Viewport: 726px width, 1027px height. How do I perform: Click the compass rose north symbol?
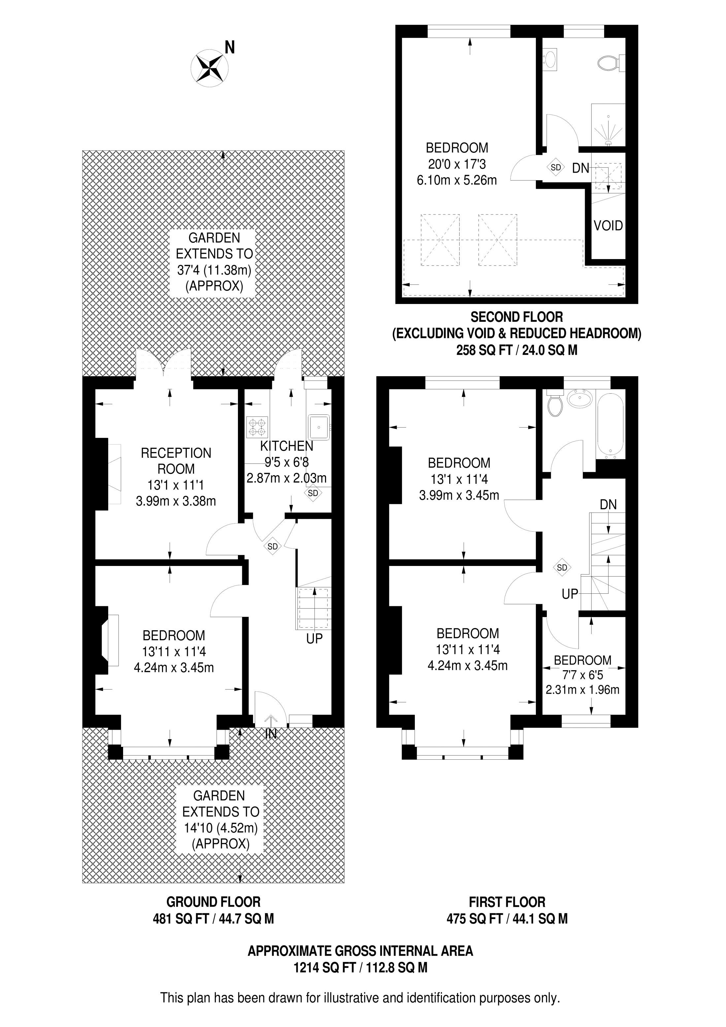coord(210,68)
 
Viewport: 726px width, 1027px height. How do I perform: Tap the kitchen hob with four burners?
coord(257,427)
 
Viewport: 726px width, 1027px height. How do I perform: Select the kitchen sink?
coord(319,427)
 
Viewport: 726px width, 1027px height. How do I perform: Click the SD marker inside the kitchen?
coord(313,493)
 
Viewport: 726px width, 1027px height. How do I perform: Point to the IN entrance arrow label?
coord(271,734)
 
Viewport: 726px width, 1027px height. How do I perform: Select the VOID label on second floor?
coord(608,225)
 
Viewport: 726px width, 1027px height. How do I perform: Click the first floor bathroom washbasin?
coord(580,398)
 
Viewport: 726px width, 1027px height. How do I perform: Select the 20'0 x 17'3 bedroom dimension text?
coord(457,164)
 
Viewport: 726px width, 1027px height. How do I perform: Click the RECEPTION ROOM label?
coord(176,461)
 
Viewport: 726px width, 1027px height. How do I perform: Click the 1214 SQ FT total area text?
coord(324,968)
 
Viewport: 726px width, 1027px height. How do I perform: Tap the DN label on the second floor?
coord(580,168)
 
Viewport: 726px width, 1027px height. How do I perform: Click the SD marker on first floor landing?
coord(562,568)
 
